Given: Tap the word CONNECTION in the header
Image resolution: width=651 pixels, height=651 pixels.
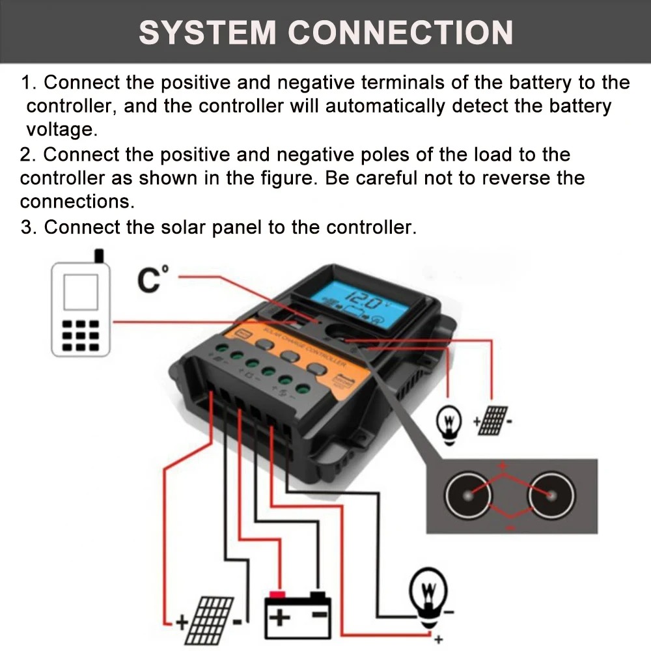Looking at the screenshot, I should coord(400,33).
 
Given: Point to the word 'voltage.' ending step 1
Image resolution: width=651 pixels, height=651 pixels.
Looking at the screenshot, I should coord(62,129).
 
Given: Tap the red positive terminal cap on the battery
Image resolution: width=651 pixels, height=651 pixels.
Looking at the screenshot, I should coord(279,594).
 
